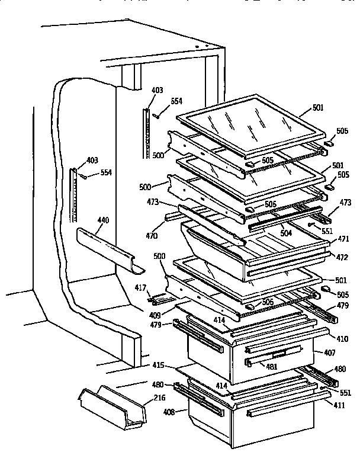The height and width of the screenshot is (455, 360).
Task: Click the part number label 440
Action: click(102, 220)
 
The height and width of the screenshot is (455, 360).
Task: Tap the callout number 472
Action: click(342, 257)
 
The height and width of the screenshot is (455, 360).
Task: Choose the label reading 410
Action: click(342, 340)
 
